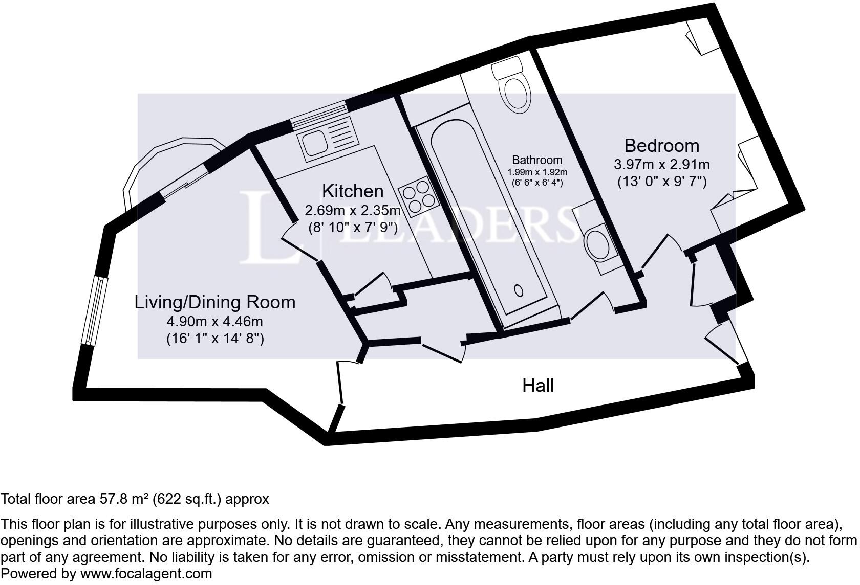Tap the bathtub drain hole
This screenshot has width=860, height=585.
point(519,291)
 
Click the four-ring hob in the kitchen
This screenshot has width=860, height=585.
point(419,197)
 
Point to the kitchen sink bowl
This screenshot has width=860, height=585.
point(315,142)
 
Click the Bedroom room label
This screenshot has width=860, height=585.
point(662,146)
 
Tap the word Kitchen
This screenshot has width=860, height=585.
point(352,191)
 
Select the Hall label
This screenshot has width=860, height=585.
point(538,386)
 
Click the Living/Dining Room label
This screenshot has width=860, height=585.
point(214,303)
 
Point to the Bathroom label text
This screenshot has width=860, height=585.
point(537,160)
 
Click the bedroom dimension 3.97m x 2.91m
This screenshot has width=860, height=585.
point(662,165)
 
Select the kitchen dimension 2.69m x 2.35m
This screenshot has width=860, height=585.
point(352,210)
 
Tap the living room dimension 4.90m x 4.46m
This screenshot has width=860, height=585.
point(214,321)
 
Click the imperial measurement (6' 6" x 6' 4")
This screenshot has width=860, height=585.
point(537,183)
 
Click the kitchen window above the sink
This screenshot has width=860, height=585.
point(318,114)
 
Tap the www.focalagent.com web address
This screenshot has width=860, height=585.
point(146,574)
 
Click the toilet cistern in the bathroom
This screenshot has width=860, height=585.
point(507,68)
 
